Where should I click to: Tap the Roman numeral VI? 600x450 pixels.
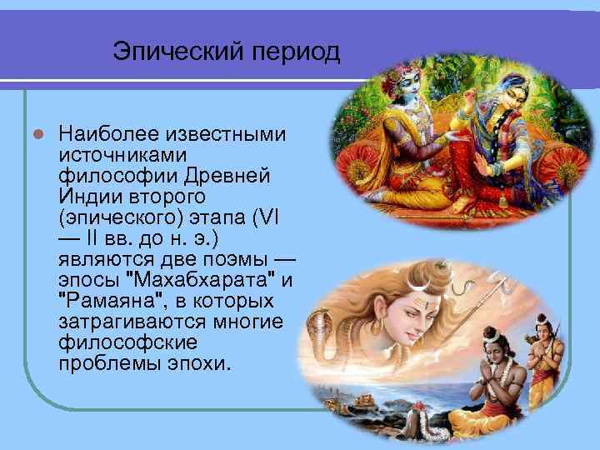pos(273,217)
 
